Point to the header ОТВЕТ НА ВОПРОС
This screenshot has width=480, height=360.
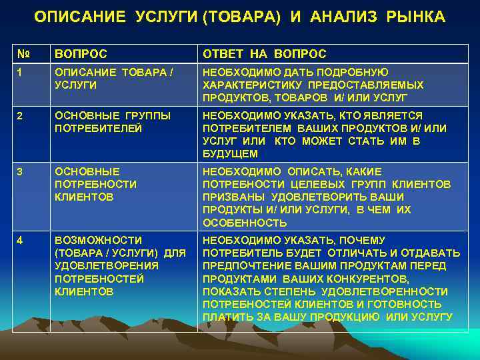point(265,54)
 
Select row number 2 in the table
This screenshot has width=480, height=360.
point(21,116)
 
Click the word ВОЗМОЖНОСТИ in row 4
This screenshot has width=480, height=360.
point(98,240)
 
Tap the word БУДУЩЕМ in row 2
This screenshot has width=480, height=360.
point(230,154)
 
